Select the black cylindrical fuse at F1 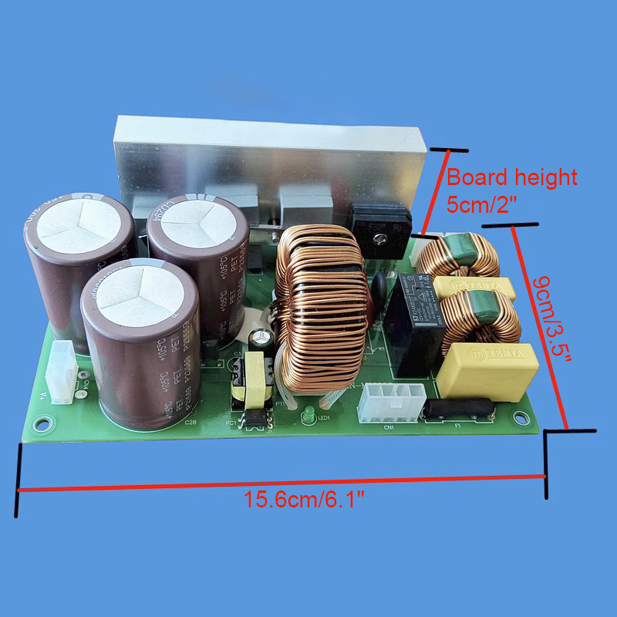(x=457, y=410)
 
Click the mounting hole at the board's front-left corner (x=42, y=423)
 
